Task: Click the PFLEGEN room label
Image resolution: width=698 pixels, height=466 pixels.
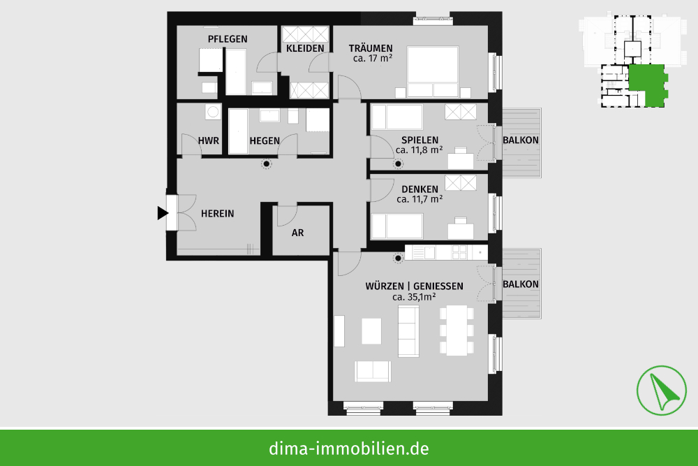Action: (x=228, y=38)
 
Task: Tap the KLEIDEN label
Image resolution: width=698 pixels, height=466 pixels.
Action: (x=305, y=48)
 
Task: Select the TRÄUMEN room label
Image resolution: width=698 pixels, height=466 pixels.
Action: (x=371, y=48)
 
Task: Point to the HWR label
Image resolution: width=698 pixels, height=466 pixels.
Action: (x=208, y=141)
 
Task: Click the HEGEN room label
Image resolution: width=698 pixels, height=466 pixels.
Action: (x=265, y=141)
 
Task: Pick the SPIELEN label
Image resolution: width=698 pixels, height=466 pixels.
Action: (x=419, y=140)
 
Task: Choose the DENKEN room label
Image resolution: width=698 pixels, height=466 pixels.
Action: (x=419, y=189)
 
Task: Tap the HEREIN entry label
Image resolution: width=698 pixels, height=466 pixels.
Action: (x=217, y=214)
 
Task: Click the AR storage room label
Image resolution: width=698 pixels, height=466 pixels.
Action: (x=298, y=233)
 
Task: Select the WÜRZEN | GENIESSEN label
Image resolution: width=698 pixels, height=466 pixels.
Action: (x=415, y=286)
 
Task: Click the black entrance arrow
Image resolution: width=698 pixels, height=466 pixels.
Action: (x=163, y=213)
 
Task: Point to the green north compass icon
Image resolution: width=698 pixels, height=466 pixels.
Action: (x=662, y=391)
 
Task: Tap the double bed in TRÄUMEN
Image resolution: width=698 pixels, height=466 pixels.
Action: (x=433, y=72)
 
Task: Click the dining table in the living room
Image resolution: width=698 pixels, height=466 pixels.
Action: (x=456, y=330)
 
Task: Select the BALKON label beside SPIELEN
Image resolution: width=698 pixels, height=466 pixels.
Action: (x=521, y=140)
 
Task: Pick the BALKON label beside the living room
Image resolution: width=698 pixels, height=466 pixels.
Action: (x=521, y=284)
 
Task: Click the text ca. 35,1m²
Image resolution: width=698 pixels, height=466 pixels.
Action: (x=414, y=297)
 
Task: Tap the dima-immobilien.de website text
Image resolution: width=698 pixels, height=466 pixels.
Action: (x=349, y=449)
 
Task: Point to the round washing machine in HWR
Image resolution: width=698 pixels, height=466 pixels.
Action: (x=213, y=112)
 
